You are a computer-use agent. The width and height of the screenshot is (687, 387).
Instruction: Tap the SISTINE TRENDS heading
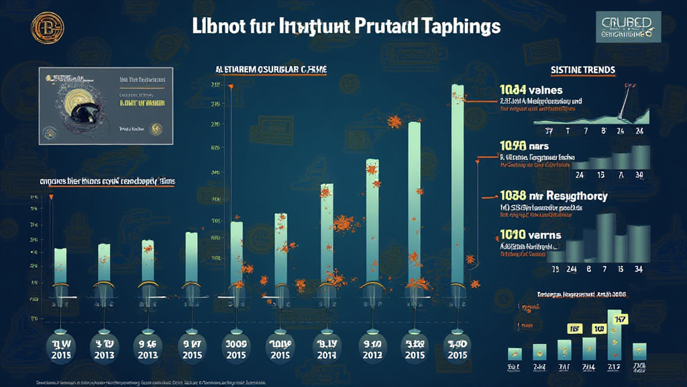coord(582,69)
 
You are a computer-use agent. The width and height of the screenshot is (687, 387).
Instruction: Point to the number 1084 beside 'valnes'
coord(513,89)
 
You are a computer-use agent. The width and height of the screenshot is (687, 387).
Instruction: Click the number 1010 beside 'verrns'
coord(513,235)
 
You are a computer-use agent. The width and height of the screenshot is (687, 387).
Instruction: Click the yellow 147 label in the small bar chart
coord(618,319)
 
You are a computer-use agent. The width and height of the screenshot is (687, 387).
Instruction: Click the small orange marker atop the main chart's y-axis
coord(231,87)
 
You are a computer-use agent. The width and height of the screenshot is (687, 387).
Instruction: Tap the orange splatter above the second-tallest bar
coord(395,121)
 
